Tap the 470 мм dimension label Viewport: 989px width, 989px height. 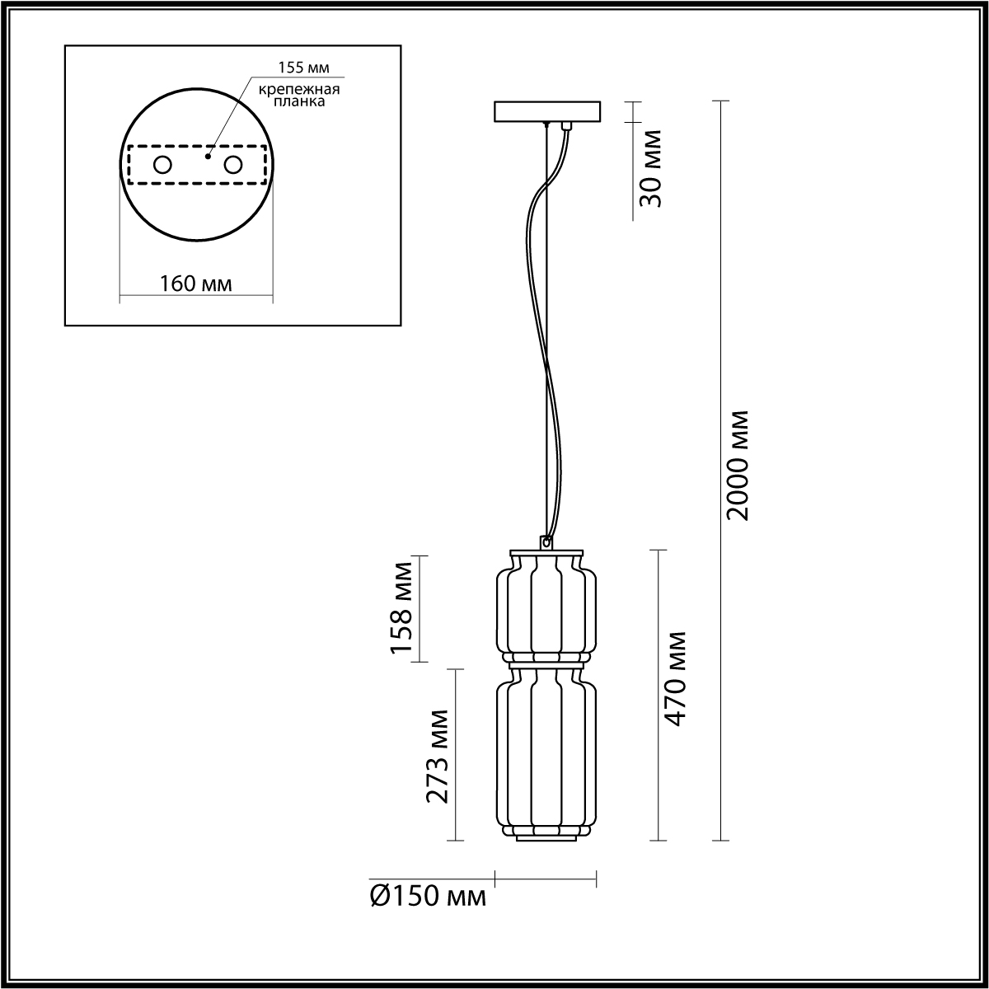(675, 678)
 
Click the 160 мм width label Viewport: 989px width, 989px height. (195, 284)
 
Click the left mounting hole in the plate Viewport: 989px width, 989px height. (162, 165)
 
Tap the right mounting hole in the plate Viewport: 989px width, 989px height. (233, 165)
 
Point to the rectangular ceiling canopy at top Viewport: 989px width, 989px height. (547, 111)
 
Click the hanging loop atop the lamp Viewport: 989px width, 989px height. (546, 542)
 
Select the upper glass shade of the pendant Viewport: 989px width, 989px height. (546, 607)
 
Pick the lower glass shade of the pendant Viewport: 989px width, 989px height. (546, 750)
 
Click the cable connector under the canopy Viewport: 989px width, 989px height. (566, 126)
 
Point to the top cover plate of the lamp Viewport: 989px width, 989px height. (546, 551)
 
